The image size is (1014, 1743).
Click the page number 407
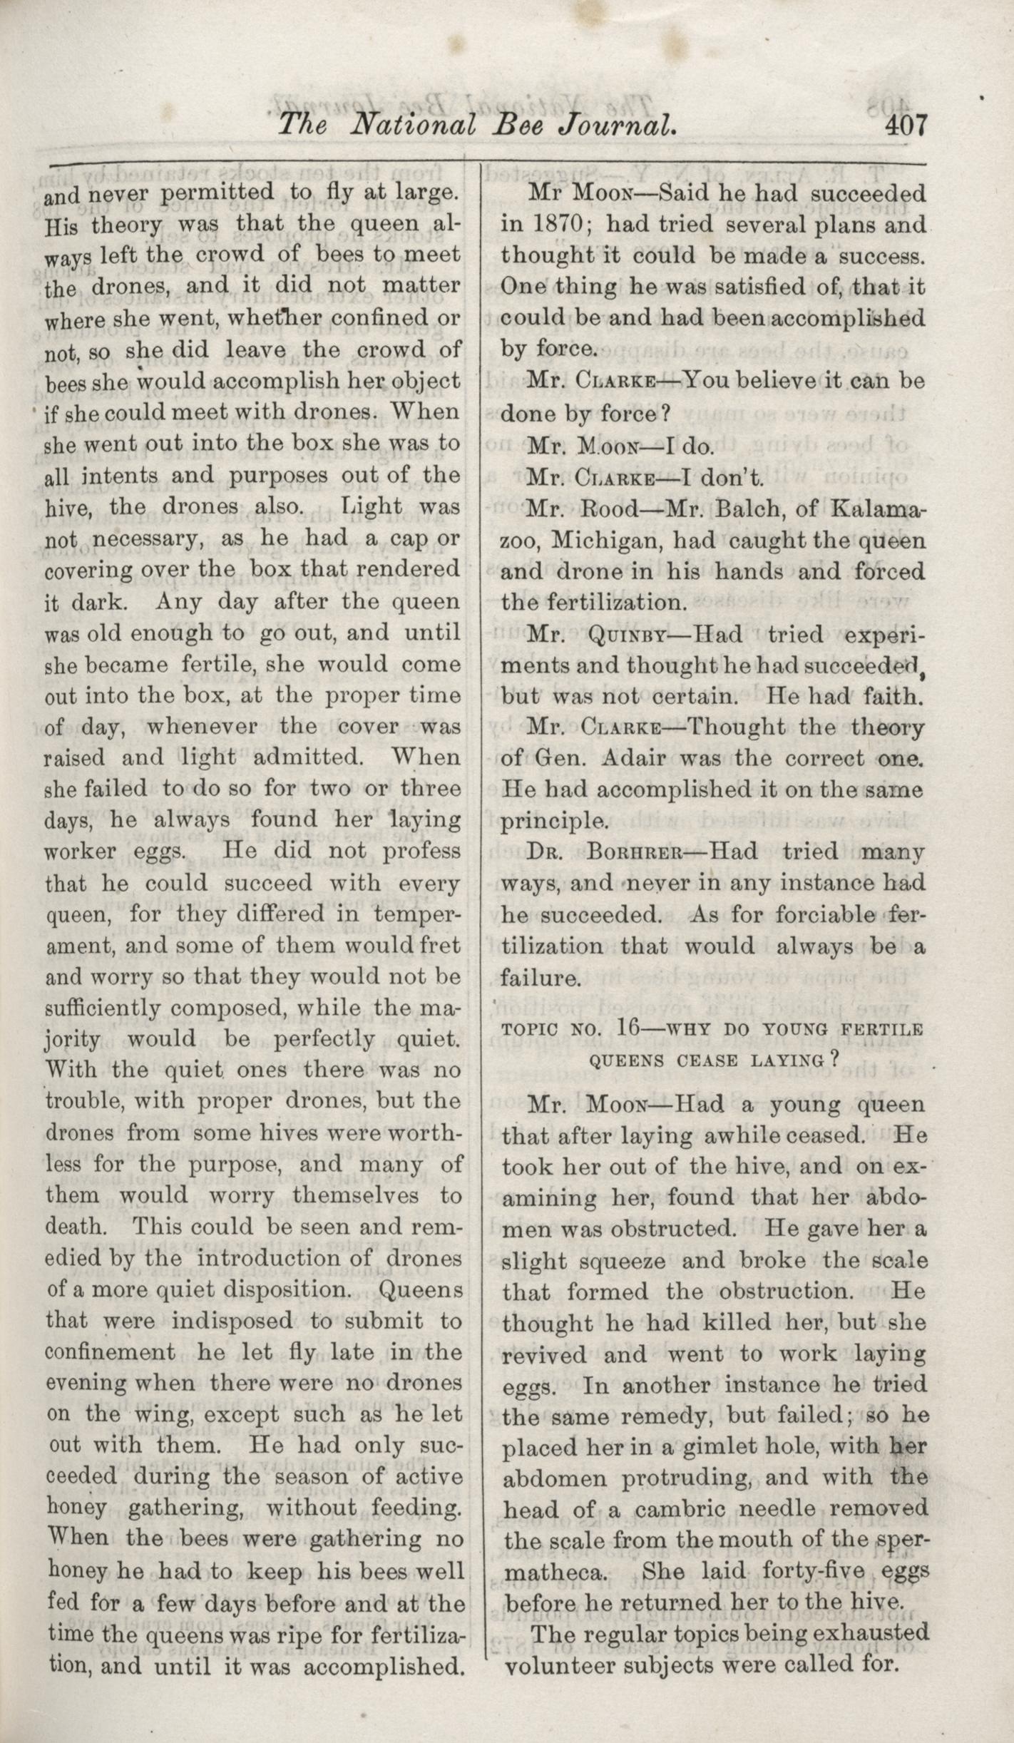(906, 126)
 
